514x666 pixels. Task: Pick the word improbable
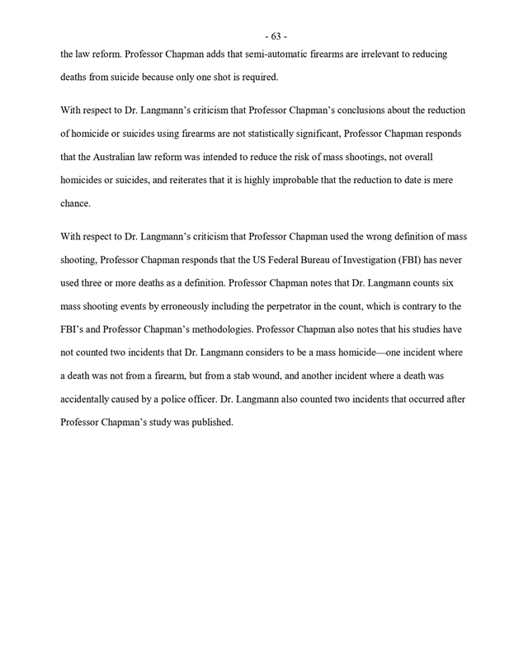pos(335,179)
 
